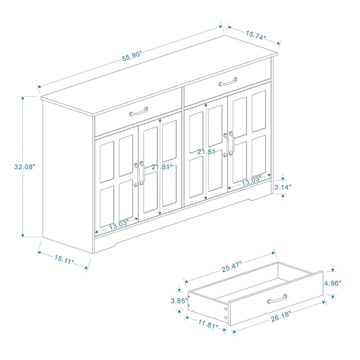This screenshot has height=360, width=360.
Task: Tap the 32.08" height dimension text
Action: tap(24, 166)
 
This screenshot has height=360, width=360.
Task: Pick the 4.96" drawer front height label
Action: tap(333, 283)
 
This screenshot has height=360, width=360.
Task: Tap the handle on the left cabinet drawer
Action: tap(139, 110)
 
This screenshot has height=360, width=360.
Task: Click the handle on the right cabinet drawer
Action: tap(227, 81)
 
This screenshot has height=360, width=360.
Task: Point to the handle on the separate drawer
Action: tap(277, 298)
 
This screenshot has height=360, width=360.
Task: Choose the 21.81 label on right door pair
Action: tap(206, 152)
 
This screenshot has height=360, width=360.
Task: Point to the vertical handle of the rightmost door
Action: tap(232, 144)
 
